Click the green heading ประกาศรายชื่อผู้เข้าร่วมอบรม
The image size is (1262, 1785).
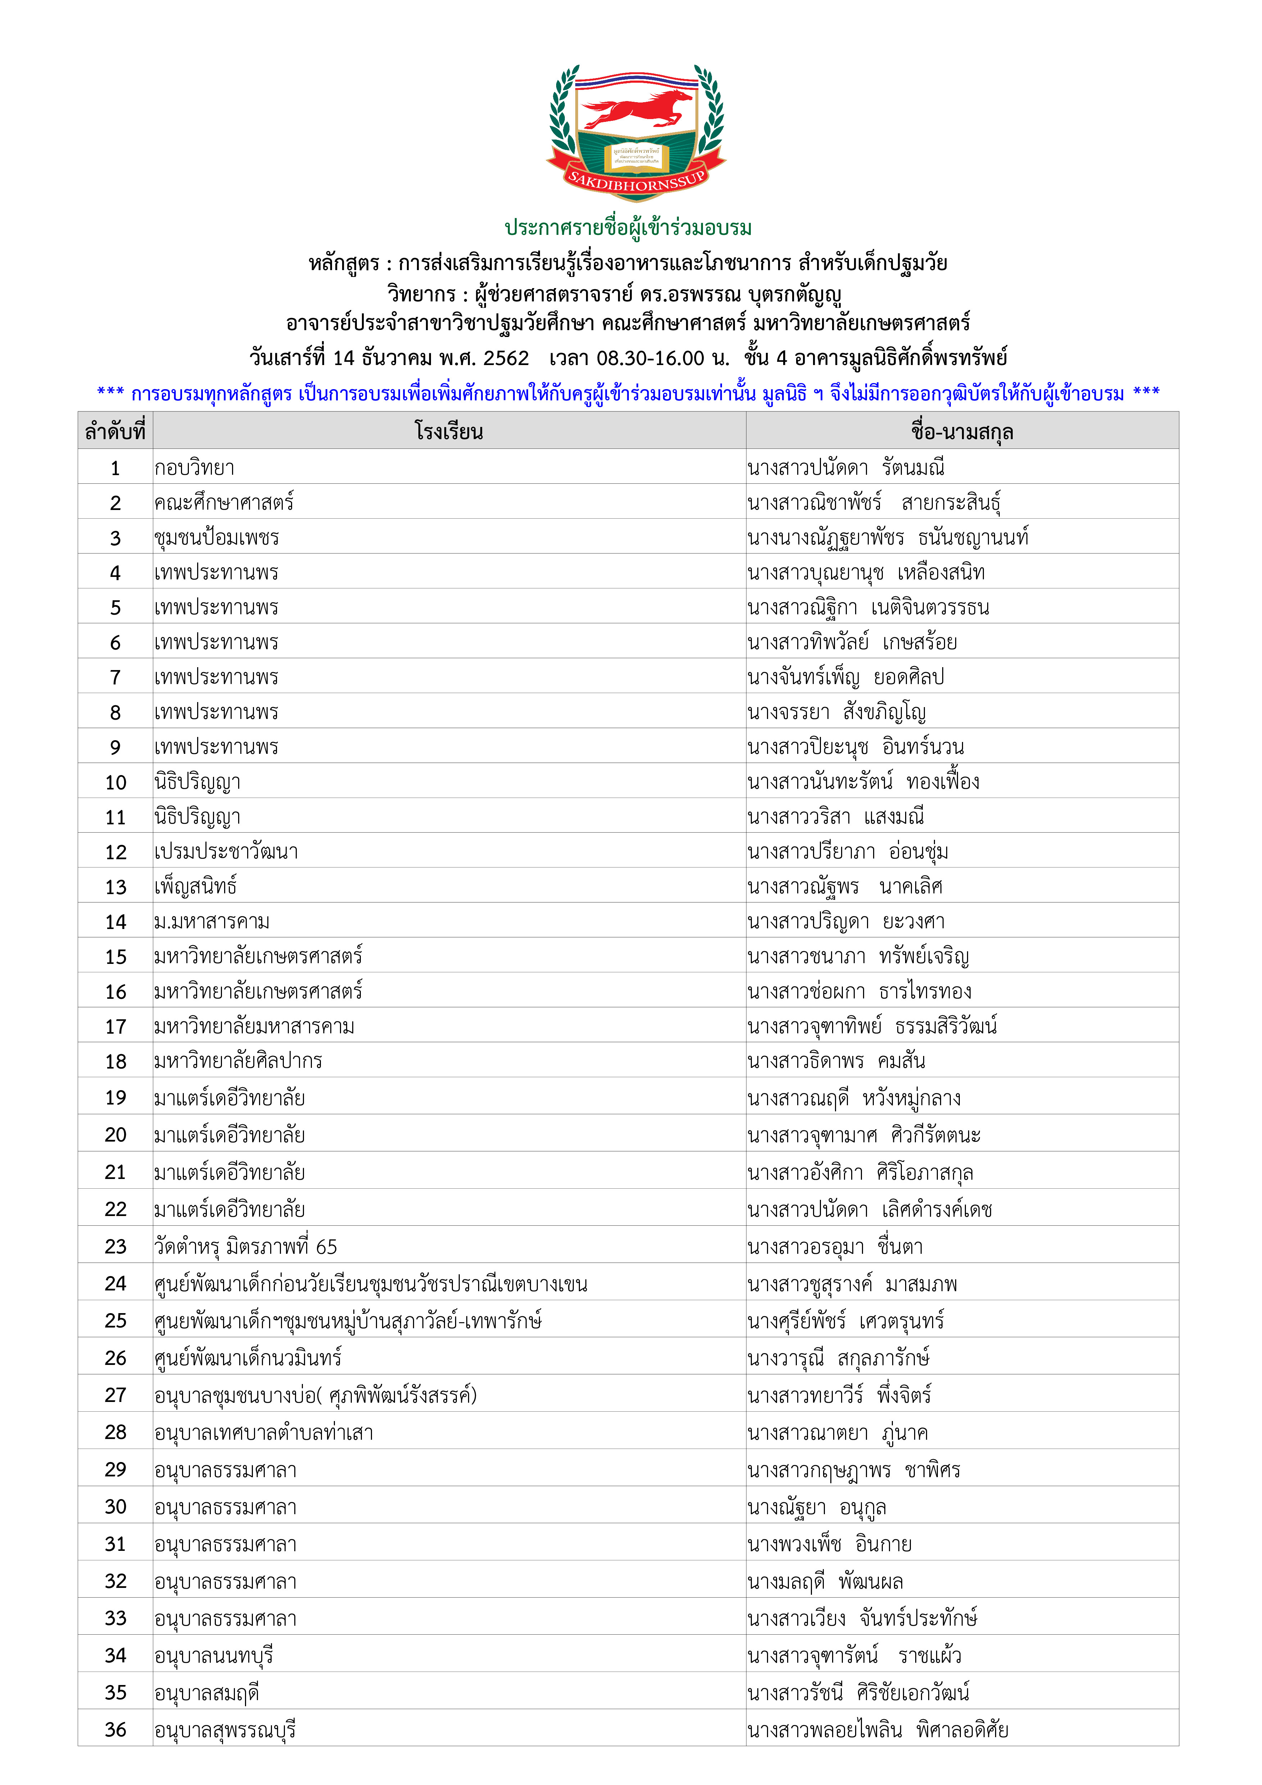pos(628,228)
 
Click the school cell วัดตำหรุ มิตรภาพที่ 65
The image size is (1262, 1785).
pos(246,1247)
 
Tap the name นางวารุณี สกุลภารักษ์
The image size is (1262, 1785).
pos(838,1358)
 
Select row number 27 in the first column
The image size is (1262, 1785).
pos(115,1395)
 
